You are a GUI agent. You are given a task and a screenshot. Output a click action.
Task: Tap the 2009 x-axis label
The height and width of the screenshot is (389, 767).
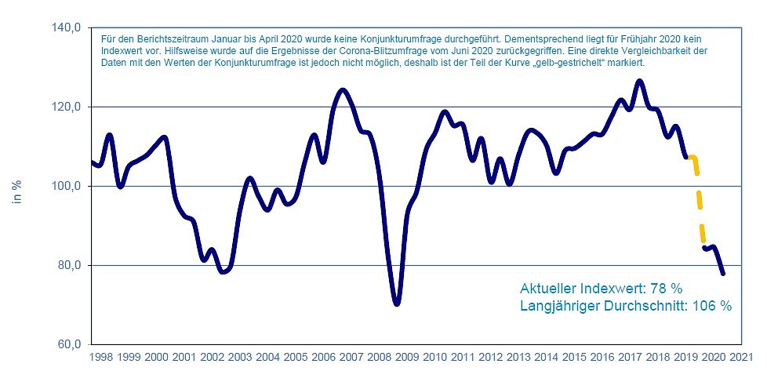click(x=405, y=357)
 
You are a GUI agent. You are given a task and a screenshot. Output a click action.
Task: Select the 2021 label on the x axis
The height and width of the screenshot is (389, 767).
click(x=739, y=357)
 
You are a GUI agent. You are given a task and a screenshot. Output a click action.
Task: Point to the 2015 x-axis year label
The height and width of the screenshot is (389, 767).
click(x=573, y=357)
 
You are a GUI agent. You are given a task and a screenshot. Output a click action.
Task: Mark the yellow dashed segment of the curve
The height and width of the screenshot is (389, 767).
click(x=698, y=200)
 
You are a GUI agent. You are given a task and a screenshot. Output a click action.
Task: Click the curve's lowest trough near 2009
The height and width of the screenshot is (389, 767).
click(x=397, y=304)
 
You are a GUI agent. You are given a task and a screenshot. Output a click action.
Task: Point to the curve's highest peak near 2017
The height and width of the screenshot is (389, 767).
click(x=640, y=81)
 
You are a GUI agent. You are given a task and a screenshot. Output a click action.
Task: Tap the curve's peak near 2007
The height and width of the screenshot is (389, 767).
click(x=343, y=90)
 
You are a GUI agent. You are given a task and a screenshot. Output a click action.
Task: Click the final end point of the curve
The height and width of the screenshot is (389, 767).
click(x=723, y=274)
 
